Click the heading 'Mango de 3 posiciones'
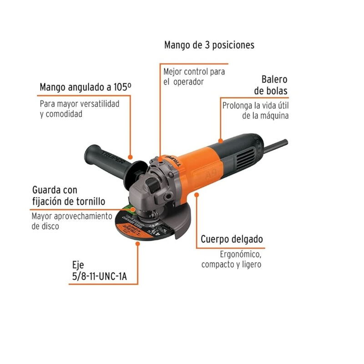209,45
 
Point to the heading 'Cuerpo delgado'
232,239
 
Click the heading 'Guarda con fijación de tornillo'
69,195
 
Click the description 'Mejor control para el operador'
194,76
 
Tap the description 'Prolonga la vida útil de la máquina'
255,111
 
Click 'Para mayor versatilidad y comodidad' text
79,109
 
